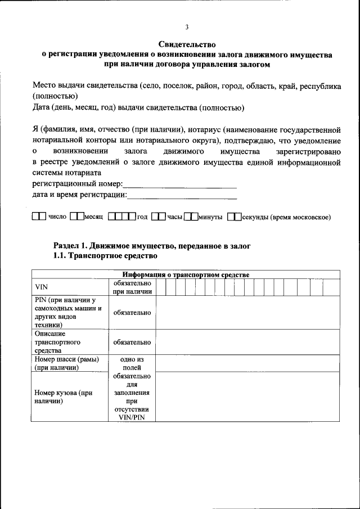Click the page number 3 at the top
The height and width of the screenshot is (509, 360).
pyautogui.click(x=187, y=27)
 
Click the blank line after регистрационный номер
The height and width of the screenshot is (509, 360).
pyautogui.click(x=179, y=185)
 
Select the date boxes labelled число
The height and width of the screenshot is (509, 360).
pyautogui.click(x=39, y=217)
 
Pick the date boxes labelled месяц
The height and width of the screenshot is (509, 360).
pyautogui.click(x=76, y=217)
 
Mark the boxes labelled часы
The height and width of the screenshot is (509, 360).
pyautogui.click(x=159, y=217)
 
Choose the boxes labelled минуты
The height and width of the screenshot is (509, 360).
pyautogui.click(x=191, y=217)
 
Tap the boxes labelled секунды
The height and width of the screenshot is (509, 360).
pyautogui.click(x=234, y=217)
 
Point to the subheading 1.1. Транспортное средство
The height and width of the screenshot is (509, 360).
pyautogui.click(x=105, y=256)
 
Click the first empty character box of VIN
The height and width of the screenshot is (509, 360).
pyautogui.click(x=161, y=287)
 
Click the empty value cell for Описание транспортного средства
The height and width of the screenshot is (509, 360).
pyautogui.click(x=247, y=342)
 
